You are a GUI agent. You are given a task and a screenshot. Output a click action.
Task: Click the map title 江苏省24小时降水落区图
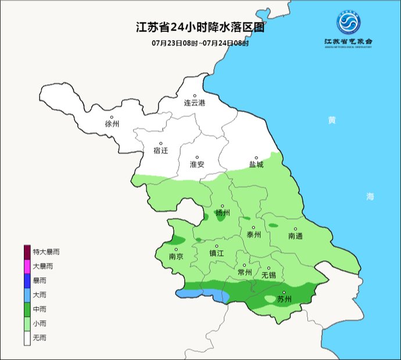[200, 27]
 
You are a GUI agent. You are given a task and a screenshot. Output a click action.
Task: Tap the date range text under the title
[200, 43]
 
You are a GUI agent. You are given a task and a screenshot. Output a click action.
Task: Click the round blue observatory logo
[348, 23]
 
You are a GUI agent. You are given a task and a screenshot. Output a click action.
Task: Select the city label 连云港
[195, 103]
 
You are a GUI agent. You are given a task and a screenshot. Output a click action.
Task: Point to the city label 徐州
[112, 124]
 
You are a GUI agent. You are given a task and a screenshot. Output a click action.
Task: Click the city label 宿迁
[160, 150]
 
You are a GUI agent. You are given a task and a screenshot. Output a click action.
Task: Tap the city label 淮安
[197, 164]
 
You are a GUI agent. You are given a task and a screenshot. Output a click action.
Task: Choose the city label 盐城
[256, 164]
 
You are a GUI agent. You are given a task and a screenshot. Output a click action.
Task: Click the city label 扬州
[223, 213]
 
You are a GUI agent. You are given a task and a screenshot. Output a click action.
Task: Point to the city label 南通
[295, 236]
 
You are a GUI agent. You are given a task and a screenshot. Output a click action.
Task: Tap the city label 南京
[176, 256]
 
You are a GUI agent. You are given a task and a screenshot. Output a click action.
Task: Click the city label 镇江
[217, 253]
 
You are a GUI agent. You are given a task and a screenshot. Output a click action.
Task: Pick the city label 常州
[245, 272]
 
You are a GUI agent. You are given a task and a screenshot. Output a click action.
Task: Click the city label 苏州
[284, 300]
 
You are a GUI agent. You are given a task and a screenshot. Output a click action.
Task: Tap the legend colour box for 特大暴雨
[27, 252]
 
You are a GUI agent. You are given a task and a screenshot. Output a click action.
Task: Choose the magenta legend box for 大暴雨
[27, 266]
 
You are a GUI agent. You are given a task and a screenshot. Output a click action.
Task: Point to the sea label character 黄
[331, 120]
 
